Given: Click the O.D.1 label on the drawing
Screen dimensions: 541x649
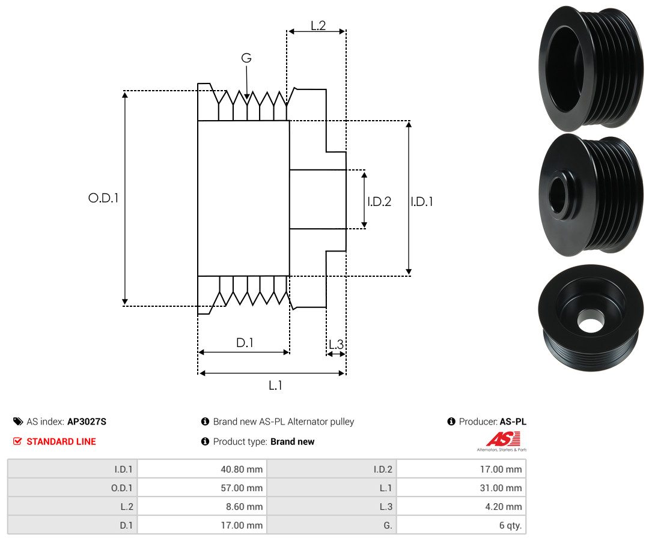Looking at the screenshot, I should click(x=103, y=198).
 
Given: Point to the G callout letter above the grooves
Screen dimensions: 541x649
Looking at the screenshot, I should click(x=246, y=58).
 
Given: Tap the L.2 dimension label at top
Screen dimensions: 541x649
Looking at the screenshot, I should click(x=318, y=25).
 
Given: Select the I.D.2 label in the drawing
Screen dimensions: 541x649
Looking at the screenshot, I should click(x=379, y=202).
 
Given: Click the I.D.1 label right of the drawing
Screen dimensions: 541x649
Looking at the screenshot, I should click(x=422, y=202).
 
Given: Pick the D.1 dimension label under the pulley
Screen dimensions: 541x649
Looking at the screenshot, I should click(x=245, y=343).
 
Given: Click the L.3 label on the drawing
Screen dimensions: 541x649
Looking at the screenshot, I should click(x=336, y=345).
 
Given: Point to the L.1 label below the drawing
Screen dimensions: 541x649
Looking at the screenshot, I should click(x=275, y=385).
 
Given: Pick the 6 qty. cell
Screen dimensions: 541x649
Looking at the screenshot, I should click(x=508, y=525).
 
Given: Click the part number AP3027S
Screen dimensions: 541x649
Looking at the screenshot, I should click(x=87, y=422).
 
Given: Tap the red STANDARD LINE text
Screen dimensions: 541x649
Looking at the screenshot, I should click(x=61, y=441).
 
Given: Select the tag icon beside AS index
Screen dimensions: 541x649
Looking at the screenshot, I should click(x=18, y=422).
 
